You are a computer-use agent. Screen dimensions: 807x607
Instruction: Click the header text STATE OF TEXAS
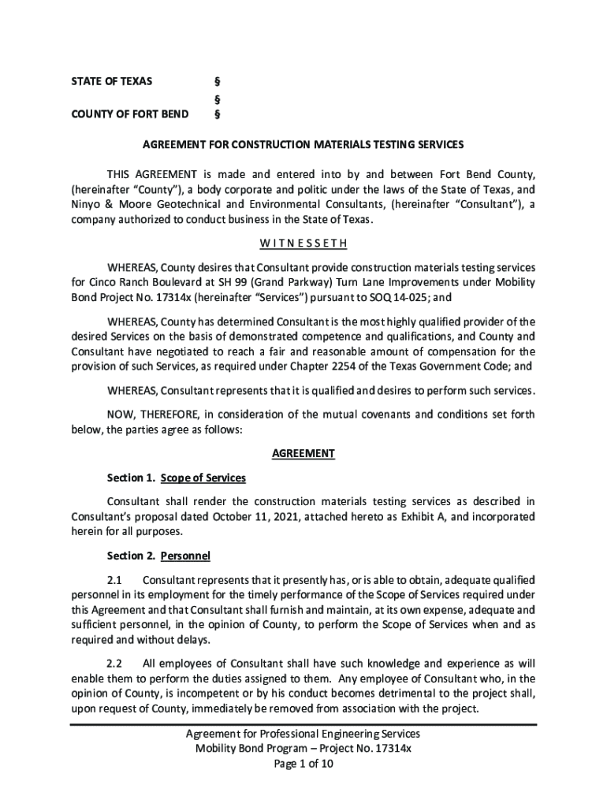point(112,81)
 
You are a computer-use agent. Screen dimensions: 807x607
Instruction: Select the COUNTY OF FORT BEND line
point(130,114)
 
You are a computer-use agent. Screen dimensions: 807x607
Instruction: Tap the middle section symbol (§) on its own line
point(217,99)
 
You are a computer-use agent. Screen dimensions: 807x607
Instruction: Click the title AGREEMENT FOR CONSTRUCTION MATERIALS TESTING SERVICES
point(303,145)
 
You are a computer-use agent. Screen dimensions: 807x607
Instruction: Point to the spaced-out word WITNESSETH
point(303,243)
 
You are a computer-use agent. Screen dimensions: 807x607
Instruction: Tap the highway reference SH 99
point(240,282)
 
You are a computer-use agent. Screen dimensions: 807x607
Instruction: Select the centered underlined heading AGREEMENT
point(303,454)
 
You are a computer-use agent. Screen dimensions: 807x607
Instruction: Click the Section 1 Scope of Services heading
point(177,478)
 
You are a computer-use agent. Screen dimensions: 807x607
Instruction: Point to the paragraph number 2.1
point(115,581)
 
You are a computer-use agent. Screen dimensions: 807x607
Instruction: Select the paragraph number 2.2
point(115,664)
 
